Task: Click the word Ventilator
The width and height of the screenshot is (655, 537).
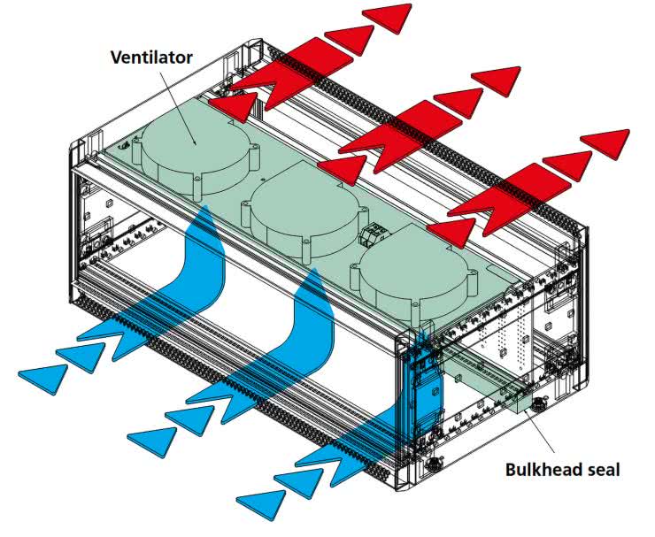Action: (x=150, y=58)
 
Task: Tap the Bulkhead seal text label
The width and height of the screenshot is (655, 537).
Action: (x=563, y=469)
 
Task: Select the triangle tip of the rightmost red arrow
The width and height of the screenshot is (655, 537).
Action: (x=607, y=141)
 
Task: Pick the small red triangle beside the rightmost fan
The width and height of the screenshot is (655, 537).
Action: (x=456, y=233)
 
